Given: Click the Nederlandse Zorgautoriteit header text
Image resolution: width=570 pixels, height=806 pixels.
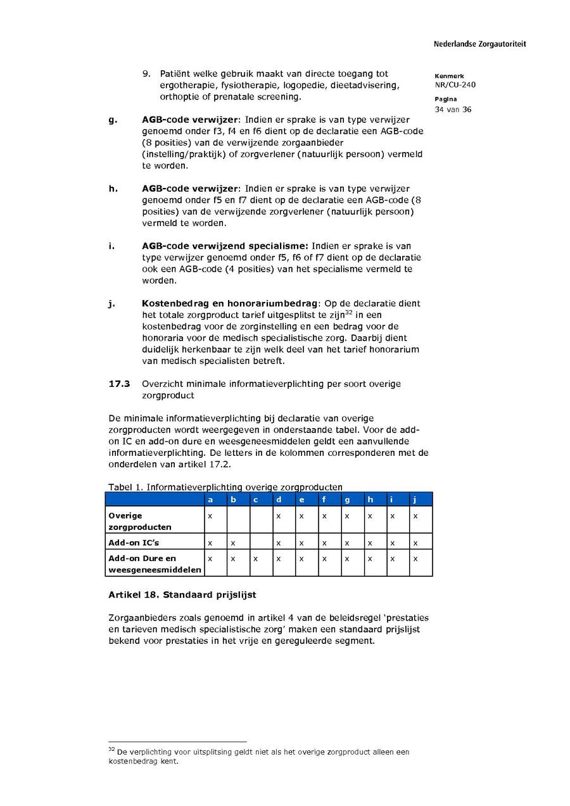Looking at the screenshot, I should pyautogui.click(x=479, y=44).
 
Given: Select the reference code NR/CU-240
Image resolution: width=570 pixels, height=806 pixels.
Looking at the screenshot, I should pyautogui.click(x=455, y=85).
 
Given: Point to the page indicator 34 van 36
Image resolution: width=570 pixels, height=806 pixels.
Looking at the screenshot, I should pyautogui.click(x=453, y=110).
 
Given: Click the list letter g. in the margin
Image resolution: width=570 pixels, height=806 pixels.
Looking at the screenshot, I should pyautogui.click(x=112, y=120).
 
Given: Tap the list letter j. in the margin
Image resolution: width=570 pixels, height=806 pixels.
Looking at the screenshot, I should pyautogui.click(x=111, y=303).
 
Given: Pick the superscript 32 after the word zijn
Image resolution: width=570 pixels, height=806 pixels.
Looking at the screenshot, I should pyautogui.click(x=349, y=312).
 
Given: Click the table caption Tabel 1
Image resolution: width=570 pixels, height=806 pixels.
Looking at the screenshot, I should pyautogui.click(x=123, y=487).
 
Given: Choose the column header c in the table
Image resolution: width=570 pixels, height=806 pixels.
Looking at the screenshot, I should pyautogui.click(x=255, y=500).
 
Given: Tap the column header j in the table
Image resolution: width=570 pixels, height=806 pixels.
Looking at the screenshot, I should pyautogui.click(x=415, y=500).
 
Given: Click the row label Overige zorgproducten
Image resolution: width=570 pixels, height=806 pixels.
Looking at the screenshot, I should pyautogui.click(x=139, y=521).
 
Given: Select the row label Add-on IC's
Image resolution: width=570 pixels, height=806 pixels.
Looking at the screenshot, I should pyautogui.click(x=129, y=543).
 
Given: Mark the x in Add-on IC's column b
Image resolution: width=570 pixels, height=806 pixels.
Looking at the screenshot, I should pyautogui.click(x=232, y=543).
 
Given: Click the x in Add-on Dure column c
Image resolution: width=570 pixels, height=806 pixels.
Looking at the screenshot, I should pyautogui.click(x=255, y=558).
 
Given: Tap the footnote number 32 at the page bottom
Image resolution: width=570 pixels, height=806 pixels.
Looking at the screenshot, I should pyautogui.click(x=112, y=750).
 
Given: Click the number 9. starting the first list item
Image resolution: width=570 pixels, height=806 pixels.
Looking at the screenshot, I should pyautogui.click(x=146, y=74).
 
